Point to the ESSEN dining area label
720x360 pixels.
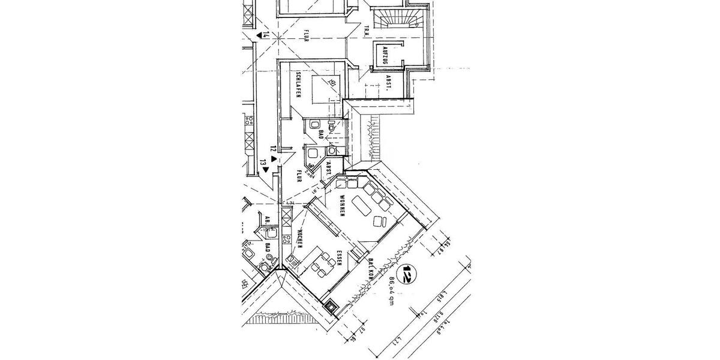pyautogui.click(x=339, y=257)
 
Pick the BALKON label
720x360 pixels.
pyautogui.click(x=371, y=269)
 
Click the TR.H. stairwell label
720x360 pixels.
pyautogui.click(x=367, y=29)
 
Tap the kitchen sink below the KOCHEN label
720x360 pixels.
pyautogui.click(x=292, y=260)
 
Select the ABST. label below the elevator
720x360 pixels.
pyautogui.click(x=388, y=84)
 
